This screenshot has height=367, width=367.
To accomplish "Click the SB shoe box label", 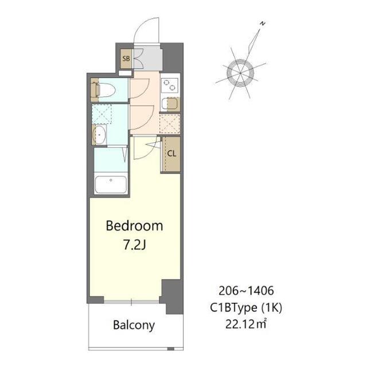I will tap(125, 58).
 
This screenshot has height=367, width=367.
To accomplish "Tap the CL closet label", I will tap(171, 153).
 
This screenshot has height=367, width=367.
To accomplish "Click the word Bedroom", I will tap(134, 225).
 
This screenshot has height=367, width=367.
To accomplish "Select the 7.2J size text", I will tap(134, 245).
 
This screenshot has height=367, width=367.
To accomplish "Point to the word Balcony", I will tap(133, 325).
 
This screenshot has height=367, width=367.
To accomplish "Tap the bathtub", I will tap(110, 185).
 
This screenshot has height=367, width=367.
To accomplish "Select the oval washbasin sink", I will tap(98, 136).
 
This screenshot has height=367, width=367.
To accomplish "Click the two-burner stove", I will tap(170, 85).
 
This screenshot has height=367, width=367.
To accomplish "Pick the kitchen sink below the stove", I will tap(169, 104).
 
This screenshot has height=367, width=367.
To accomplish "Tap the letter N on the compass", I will tap(261, 24).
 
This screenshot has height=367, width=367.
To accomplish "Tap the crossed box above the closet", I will tap(170, 123).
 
